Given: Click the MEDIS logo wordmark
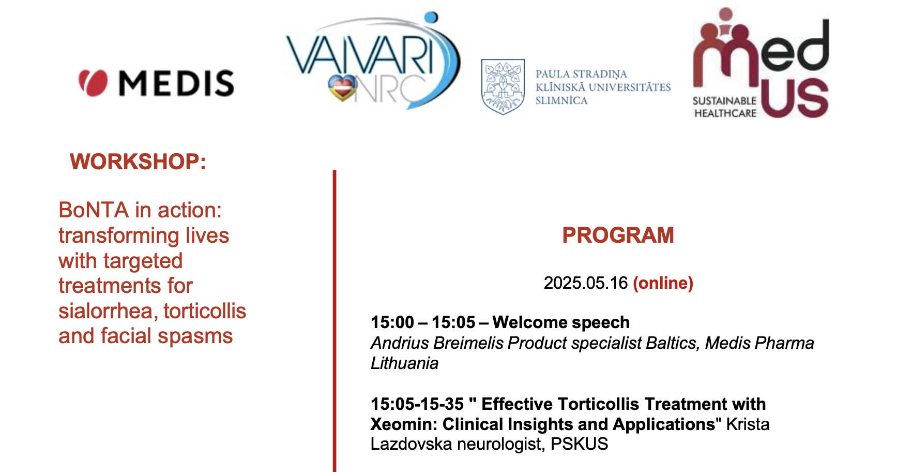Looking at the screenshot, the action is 176,83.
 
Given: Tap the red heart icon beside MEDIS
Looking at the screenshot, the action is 93,83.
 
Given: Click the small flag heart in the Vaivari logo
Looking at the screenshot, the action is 342,87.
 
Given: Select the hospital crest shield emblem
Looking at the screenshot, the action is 503,86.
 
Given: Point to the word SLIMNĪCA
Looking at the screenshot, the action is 561,100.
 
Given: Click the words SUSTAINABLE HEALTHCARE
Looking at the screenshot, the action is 725,107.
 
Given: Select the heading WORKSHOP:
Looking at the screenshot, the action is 138,161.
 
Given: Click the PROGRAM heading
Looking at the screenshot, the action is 618,235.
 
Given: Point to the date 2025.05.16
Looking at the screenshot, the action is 586,283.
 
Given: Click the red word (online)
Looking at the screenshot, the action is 663,283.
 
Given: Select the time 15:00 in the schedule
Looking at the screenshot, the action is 392,322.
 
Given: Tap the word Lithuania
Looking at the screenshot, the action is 405,363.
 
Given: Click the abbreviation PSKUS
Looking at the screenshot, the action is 579,444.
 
